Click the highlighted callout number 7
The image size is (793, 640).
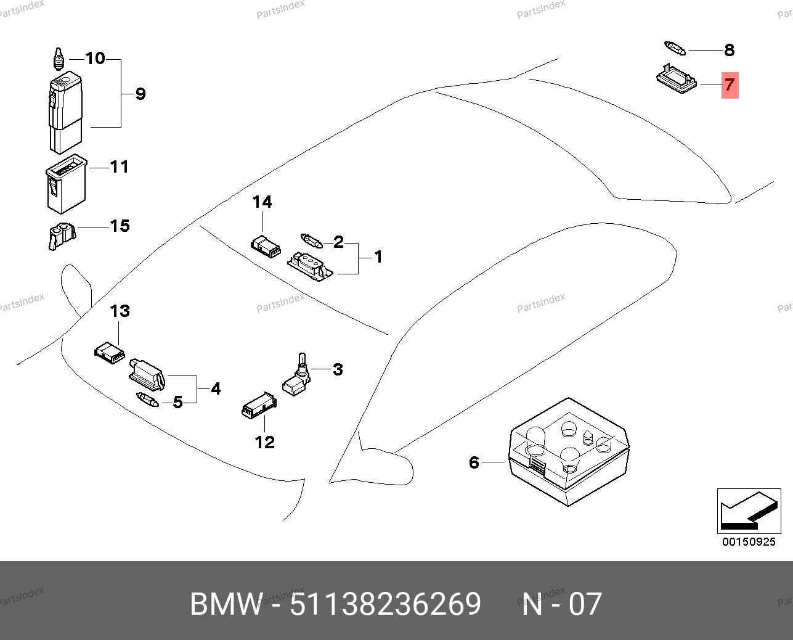[x=730, y=84]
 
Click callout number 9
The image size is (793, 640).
[x=140, y=94]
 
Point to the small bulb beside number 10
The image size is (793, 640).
[x=59, y=59]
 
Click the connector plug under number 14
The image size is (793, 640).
[x=266, y=246]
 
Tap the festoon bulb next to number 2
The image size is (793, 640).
[x=311, y=240]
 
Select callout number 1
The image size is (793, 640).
[x=378, y=256]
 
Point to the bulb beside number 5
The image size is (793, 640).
[x=147, y=400]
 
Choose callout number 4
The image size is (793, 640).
[x=216, y=388]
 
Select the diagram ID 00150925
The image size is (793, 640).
[x=749, y=542]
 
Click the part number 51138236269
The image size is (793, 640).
[x=385, y=604]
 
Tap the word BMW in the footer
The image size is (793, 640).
[x=226, y=604]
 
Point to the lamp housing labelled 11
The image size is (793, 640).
[x=65, y=183]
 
